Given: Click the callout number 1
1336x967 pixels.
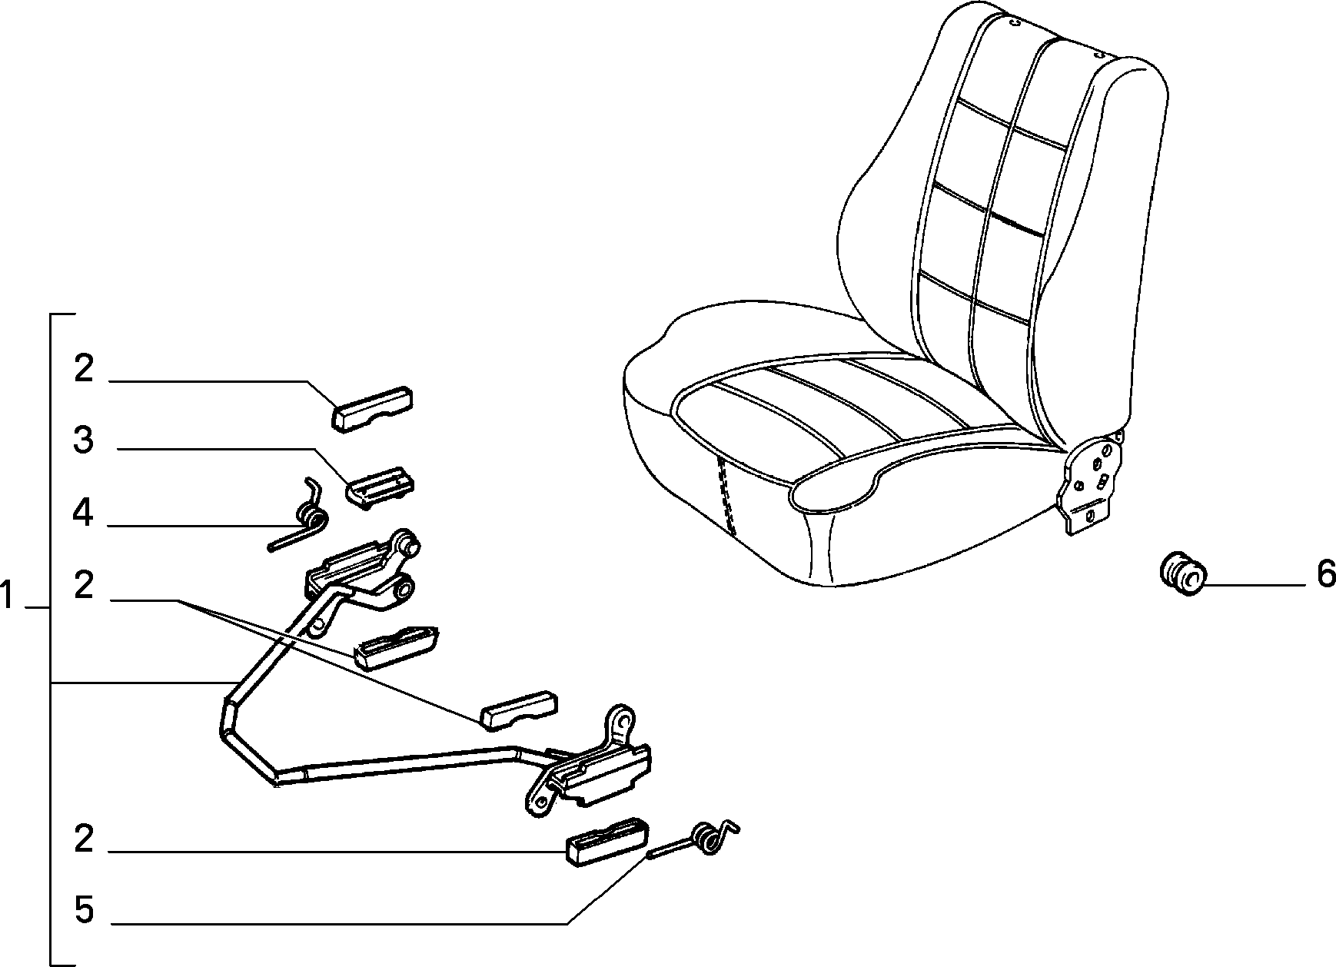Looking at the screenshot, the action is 8,596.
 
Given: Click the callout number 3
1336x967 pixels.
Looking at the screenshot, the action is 83,440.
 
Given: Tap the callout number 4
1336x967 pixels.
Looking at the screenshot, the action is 83,513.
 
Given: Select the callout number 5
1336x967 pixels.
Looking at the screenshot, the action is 84,911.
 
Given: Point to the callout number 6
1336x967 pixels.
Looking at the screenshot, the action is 1326,574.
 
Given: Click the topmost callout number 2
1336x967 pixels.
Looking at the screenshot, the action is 84,369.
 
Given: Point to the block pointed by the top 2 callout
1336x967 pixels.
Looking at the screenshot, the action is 372,409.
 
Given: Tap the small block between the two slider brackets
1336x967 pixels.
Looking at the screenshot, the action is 519,709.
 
